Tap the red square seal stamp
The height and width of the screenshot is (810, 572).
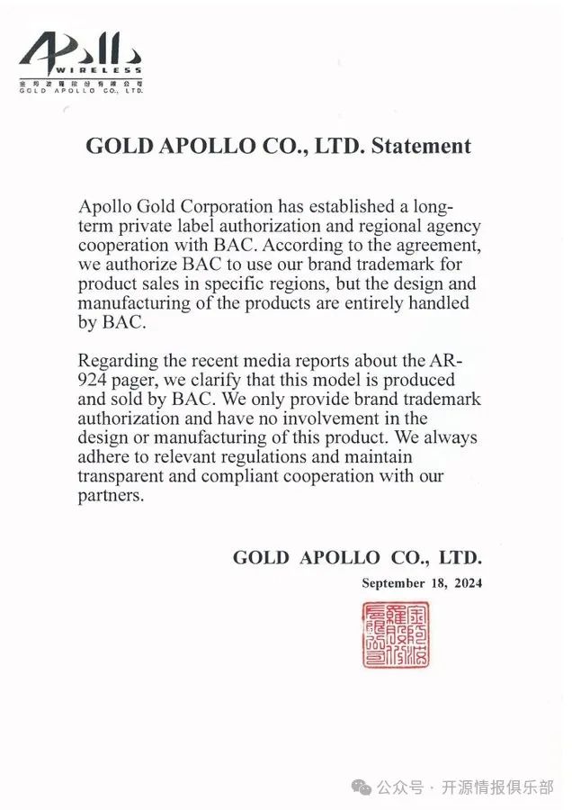tap(395, 635)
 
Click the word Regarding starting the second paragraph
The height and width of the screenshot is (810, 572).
tap(117, 361)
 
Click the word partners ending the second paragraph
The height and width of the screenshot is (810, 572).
tap(112, 497)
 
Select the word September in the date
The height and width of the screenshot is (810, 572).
tap(393, 583)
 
